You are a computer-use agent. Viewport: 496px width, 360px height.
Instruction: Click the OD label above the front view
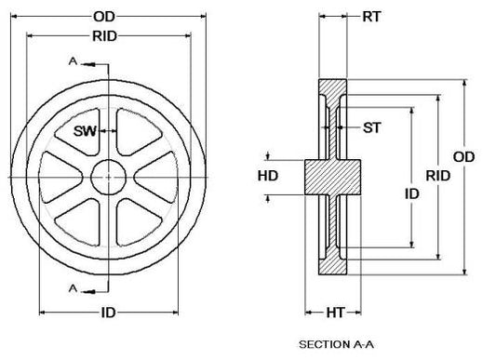click(103, 17)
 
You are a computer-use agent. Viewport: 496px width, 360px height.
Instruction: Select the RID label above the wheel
click(105, 36)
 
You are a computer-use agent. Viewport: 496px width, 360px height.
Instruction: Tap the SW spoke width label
click(85, 131)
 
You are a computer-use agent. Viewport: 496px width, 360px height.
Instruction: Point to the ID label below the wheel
click(109, 313)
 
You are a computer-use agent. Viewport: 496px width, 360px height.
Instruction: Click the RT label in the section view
click(371, 17)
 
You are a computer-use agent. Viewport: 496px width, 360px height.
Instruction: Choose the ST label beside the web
click(371, 127)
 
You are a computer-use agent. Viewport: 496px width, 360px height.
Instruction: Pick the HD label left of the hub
click(268, 176)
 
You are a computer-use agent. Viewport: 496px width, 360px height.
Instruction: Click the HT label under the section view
click(335, 313)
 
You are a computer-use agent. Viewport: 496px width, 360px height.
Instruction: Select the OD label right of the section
click(463, 157)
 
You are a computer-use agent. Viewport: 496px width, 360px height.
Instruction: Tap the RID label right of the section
click(437, 176)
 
